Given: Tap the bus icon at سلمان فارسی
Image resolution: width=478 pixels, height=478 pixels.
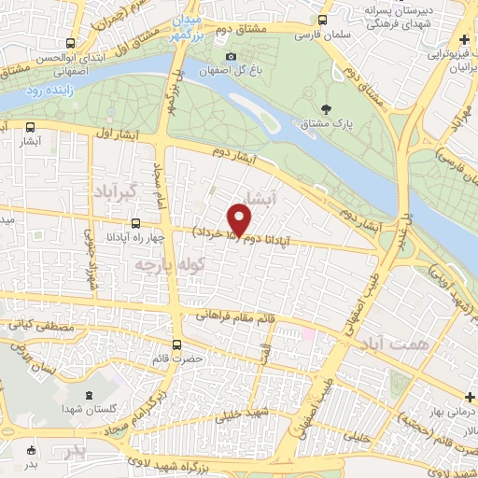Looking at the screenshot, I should tap(323, 19).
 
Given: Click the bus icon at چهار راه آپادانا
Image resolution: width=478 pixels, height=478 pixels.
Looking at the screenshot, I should tap(136, 223).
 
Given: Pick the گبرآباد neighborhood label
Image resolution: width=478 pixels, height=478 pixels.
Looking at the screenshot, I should tap(116, 190).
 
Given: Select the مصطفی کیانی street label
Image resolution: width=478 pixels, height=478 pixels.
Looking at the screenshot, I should tap(35, 328).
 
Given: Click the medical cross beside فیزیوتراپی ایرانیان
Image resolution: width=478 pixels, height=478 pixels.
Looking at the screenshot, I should tap(464, 42).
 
